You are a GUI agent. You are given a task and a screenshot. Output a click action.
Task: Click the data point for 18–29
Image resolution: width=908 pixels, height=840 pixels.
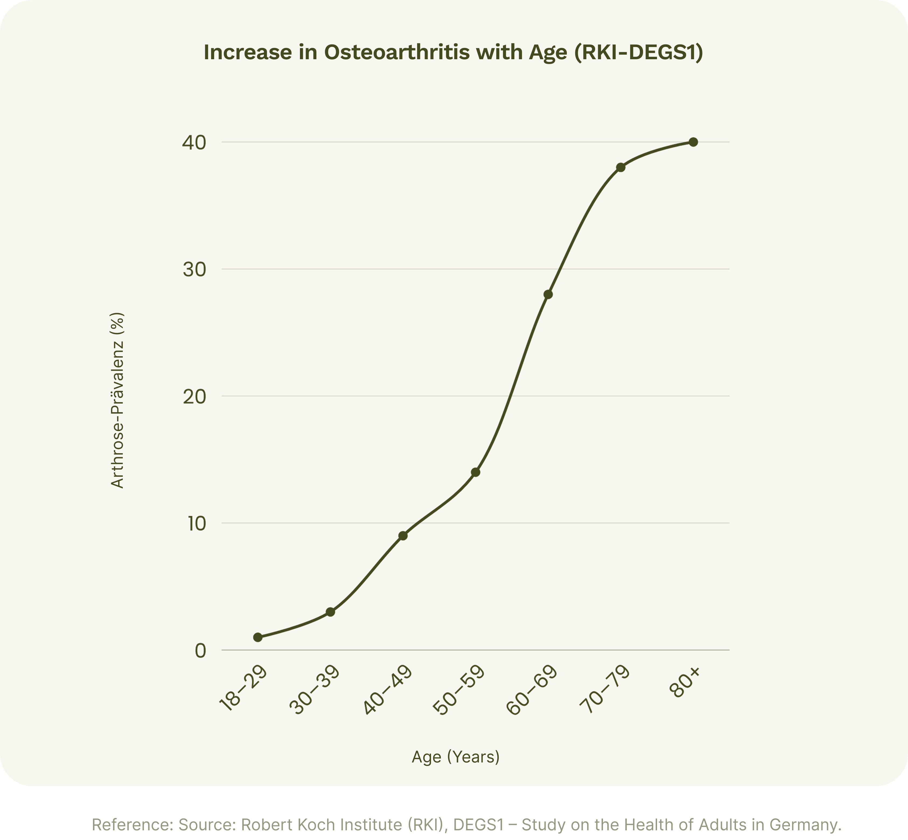pyautogui.click(x=258, y=637)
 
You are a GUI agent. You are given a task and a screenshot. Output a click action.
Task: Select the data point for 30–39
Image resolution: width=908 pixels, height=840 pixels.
pyautogui.click(x=331, y=612)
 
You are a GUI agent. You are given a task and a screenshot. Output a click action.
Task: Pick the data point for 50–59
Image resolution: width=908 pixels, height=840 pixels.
pyautogui.click(x=476, y=472)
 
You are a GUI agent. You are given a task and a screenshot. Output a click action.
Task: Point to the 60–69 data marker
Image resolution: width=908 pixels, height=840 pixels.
pyautogui.click(x=548, y=295)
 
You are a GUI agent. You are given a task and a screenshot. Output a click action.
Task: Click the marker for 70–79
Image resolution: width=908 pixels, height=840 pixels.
pyautogui.click(x=621, y=167)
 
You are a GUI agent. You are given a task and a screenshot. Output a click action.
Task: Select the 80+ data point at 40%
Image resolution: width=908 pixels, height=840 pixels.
pyautogui.click(x=693, y=142)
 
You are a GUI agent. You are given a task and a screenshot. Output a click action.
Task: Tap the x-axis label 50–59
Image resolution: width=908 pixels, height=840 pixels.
pyautogui.click(x=459, y=689)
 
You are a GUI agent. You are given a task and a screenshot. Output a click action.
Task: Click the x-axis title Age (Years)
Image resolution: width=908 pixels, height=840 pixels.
pyautogui.click(x=456, y=757)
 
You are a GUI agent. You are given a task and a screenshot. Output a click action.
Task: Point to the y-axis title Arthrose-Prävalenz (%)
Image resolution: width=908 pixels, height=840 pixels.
pyautogui.click(x=117, y=400)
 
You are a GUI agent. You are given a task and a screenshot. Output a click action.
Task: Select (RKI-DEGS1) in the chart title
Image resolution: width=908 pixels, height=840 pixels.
pyautogui.click(x=638, y=52)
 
